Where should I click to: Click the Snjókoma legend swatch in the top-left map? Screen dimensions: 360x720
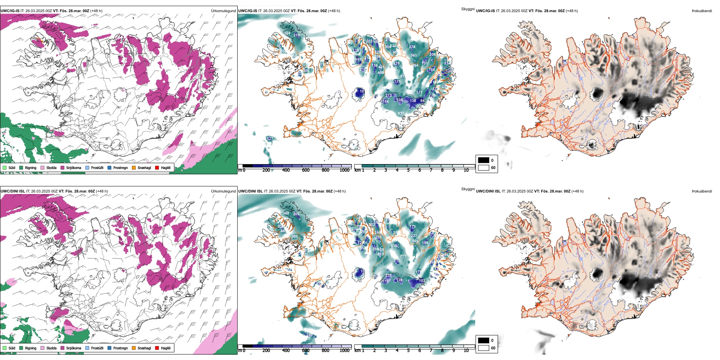click(x=63, y=167)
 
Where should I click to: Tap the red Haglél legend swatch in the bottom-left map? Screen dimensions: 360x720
click(x=157, y=348)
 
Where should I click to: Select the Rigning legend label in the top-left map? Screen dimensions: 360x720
click(x=31, y=167)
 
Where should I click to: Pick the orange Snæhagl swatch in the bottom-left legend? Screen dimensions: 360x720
click(x=134, y=348)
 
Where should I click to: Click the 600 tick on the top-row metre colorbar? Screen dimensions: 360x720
click(x=306, y=170)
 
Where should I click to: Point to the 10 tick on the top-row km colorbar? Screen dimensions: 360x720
click(x=466, y=170)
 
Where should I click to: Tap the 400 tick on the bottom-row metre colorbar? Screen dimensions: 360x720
click(x=286, y=351)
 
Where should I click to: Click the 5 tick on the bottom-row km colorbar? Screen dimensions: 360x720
click(x=409, y=351)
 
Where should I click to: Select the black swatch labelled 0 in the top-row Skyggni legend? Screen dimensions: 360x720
click(x=484, y=160)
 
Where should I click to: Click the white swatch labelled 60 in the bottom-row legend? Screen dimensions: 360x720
click(x=484, y=348)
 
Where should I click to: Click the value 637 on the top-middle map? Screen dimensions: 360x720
click(x=401, y=113)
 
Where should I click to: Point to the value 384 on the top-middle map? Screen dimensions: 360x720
click(x=287, y=33)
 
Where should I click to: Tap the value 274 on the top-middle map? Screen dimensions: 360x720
click(x=412, y=47)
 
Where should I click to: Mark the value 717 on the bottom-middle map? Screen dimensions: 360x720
click(x=402, y=257)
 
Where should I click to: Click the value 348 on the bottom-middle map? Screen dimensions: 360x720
click(x=286, y=213)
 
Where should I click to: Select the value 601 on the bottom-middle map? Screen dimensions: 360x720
click(x=415, y=241)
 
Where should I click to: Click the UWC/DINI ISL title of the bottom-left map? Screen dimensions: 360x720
click(x=13, y=191)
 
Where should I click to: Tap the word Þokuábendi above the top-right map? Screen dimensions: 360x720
click(x=702, y=11)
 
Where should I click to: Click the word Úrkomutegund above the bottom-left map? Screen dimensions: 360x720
click(x=223, y=191)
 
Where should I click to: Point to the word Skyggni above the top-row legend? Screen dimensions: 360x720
click(x=468, y=9)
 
